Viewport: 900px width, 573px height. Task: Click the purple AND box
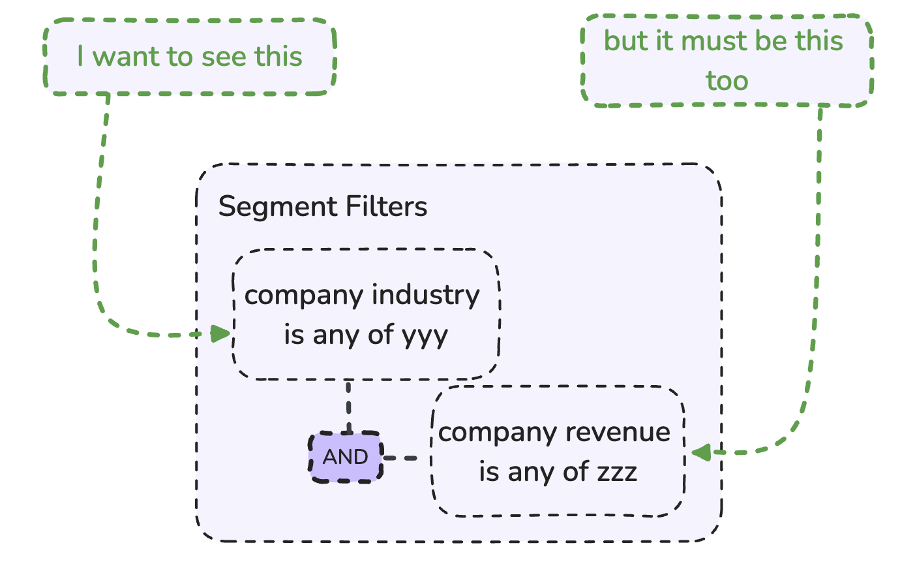(x=346, y=457)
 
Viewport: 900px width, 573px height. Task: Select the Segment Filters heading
(x=322, y=207)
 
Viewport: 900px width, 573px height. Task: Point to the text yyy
(x=425, y=336)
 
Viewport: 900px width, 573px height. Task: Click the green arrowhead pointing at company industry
(x=220, y=334)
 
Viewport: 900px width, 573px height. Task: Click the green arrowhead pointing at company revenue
(x=701, y=452)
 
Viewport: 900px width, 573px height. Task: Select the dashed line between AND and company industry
(x=349, y=406)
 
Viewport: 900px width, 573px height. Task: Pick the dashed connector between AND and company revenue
(x=406, y=458)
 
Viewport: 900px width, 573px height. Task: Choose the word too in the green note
(x=727, y=81)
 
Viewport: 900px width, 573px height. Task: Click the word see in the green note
(x=224, y=57)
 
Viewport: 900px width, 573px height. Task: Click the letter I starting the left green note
(x=80, y=57)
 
